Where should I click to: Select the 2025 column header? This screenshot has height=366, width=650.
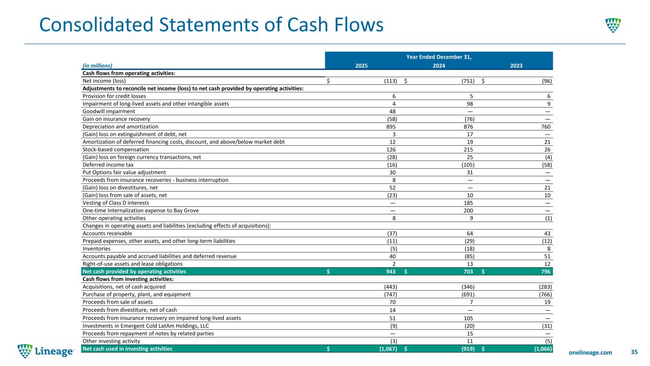(361, 66)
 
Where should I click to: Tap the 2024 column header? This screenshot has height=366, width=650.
(439, 66)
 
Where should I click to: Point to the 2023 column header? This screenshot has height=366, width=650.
(516, 66)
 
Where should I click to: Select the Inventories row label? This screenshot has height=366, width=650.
(97, 248)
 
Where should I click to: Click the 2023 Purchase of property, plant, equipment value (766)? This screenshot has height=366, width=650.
(543, 294)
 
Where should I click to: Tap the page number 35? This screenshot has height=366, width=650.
(634, 352)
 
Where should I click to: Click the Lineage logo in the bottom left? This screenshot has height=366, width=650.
(46, 352)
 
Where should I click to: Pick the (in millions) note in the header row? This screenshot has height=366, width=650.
(97, 66)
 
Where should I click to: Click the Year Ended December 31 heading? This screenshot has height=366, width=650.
(439, 57)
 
